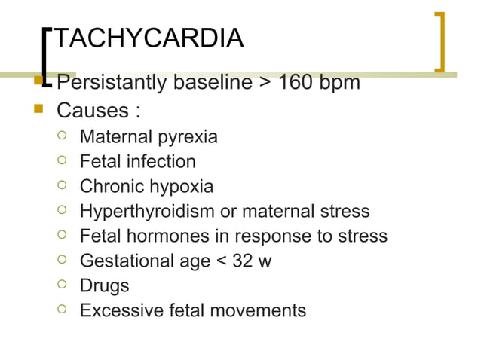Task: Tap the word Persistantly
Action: [112, 81]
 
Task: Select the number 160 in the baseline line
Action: [296, 81]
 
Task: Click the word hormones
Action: [166, 236]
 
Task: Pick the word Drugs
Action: [104, 285]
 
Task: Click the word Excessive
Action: [118, 310]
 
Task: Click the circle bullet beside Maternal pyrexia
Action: [64, 136]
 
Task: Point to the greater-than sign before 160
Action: [266, 81]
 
